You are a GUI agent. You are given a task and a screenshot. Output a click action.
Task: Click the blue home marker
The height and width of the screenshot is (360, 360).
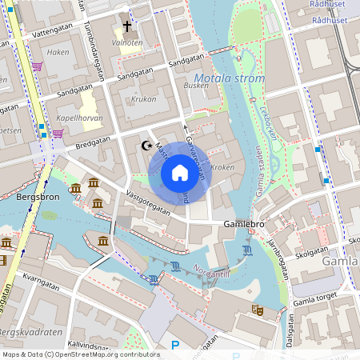pos(180,173)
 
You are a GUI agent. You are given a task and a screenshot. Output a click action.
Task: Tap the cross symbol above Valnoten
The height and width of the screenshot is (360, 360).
pos(127,26)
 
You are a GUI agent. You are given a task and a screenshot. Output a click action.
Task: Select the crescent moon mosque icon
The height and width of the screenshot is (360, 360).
pos(146,146)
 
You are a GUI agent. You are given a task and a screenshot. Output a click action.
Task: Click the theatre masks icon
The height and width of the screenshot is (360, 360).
pos(258,309)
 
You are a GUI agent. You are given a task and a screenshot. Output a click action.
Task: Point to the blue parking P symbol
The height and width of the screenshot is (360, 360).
pos(175,346)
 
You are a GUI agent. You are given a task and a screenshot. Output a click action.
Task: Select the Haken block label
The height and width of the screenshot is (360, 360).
pos(58,51)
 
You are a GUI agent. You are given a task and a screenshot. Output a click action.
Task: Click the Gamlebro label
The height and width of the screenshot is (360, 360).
pos(244,224)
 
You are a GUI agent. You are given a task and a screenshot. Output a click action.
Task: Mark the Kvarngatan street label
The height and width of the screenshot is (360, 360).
pos(42,280)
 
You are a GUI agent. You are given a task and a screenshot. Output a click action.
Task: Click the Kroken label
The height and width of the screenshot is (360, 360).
pos(223,168)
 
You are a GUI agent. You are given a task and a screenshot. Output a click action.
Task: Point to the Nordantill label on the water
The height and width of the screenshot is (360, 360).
pos(211,272)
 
